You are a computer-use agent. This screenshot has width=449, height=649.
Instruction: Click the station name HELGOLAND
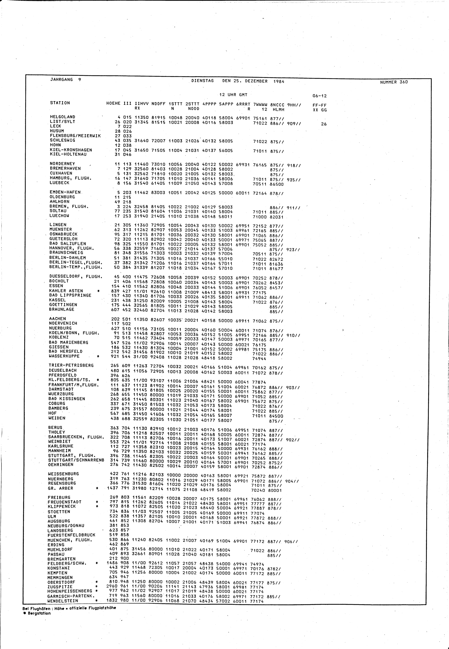pos(62,117)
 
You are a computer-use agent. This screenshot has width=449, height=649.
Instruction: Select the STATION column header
pos(60,103)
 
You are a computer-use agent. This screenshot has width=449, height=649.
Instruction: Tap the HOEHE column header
pos(113,104)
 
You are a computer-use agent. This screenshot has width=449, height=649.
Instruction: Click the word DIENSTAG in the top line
pos(202,81)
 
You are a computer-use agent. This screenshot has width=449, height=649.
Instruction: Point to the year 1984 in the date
pos(279,82)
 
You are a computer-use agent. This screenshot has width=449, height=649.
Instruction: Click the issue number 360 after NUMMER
pos(404,82)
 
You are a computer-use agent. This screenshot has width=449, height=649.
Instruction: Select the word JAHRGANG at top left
pos(61,80)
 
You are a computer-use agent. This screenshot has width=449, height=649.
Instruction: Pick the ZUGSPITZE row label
pos(60,587)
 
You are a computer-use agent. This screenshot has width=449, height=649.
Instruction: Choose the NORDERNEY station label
pos(62,164)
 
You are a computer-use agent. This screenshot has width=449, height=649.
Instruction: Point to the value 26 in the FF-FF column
pos(324,124)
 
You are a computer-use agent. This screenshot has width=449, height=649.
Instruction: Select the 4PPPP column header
pos(209,104)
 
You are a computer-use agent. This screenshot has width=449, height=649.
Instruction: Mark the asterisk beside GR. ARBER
pos(97,488)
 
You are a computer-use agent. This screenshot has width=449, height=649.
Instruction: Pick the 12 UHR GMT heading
pos(233,95)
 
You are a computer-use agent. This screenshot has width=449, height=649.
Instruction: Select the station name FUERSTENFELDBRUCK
pos(71,535)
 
